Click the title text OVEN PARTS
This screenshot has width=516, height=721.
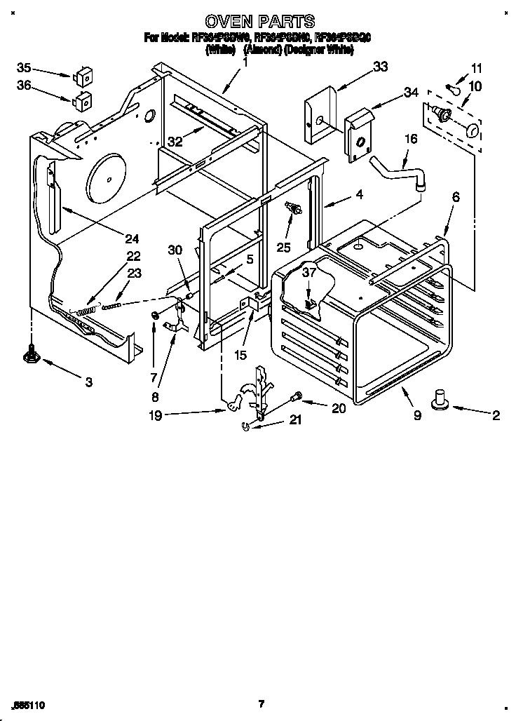(x=259, y=22)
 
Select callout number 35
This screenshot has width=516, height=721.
(x=24, y=68)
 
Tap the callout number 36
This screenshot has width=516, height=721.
(x=24, y=85)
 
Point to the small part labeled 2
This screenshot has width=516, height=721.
(x=441, y=400)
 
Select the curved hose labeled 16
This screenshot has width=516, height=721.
(x=399, y=173)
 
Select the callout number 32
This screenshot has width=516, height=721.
(x=175, y=140)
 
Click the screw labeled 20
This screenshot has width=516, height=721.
(x=297, y=398)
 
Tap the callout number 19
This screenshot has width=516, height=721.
(x=155, y=415)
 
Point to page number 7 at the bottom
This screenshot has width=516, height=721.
(x=260, y=704)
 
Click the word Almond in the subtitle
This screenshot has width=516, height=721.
(x=262, y=50)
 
